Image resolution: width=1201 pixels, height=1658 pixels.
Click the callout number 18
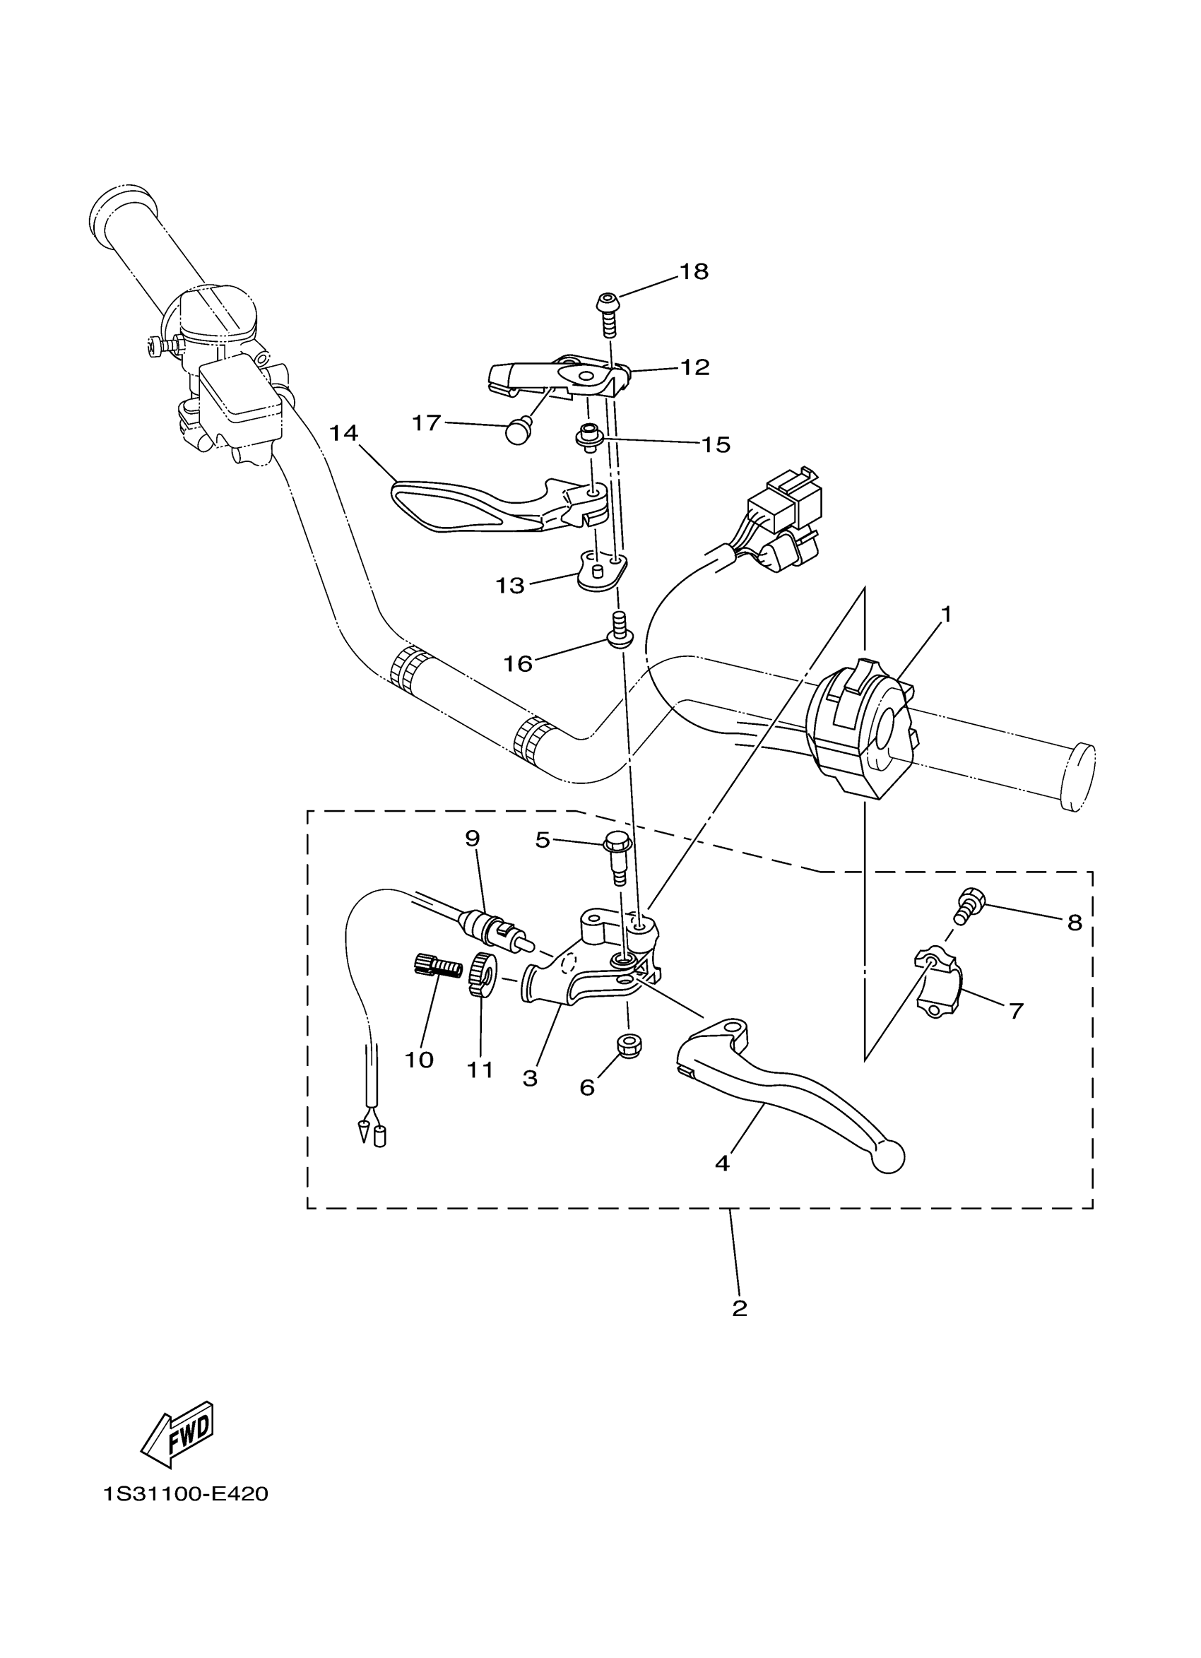pyautogui.click(x=694, y=272)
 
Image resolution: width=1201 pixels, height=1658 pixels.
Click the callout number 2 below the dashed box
pyautogui.click(x=739, y=1308)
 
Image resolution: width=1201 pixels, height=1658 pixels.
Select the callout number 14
pyautogui.click(x=343, y=434)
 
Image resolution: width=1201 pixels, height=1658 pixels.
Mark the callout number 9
pyautogui.click(x=472, y=839)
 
